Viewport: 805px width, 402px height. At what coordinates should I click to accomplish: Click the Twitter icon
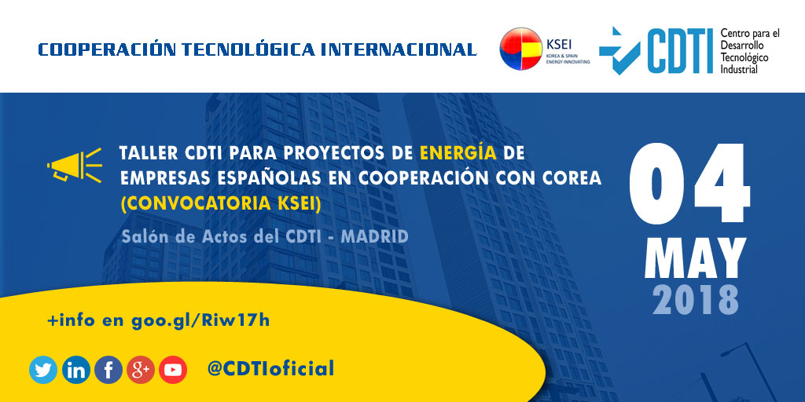(43, 370)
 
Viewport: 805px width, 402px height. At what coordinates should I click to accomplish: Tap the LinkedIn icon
(75, 370)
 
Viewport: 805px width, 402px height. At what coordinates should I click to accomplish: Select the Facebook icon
(108, 370)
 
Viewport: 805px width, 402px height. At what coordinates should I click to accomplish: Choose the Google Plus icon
(141, 370)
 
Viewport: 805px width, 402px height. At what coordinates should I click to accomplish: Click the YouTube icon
(173, 370)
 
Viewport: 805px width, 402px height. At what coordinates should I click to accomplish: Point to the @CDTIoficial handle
(270, 368)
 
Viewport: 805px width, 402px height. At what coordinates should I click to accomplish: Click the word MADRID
(374, 236)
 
